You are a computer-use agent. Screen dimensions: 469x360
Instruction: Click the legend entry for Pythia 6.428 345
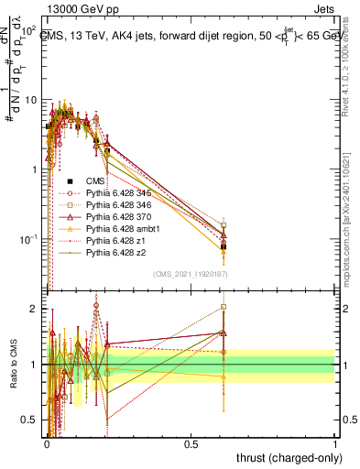115,194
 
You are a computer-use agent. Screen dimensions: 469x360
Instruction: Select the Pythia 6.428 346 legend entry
115,208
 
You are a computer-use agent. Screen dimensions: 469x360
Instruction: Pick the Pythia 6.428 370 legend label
115,221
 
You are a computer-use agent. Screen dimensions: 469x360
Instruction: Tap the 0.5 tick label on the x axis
191,443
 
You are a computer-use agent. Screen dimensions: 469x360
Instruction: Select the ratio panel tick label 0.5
29,420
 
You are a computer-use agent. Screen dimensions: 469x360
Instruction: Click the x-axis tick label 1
335,443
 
